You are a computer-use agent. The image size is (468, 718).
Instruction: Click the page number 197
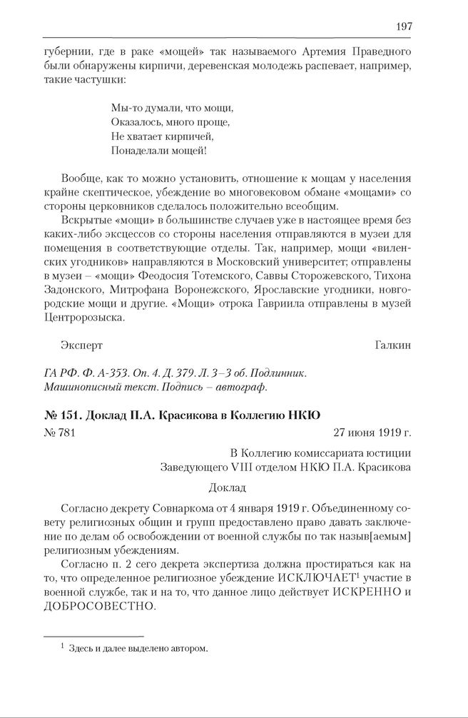pyautogui.click(x=404, y=26)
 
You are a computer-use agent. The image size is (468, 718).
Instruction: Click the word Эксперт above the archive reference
pyautogui.click(x=83, y=345)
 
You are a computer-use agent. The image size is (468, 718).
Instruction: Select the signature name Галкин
pyautogui.click(x=392, y=345)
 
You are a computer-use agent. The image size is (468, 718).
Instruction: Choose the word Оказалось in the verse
pyautogui.click(x=137, y=122)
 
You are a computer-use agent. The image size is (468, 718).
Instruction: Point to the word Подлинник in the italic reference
pyautogui.click(x=278, y=373)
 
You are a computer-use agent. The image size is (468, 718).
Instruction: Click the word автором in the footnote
pyautogui.click(x=189, y=649)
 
